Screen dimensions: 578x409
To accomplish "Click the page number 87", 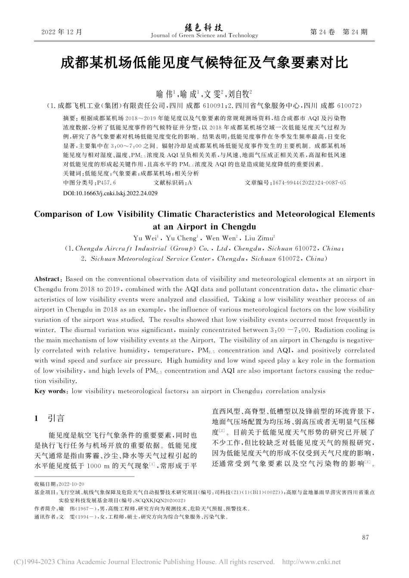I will tap(366, 537).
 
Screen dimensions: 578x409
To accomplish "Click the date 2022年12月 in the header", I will tap(61, 32).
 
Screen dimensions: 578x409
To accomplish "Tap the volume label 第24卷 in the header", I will tap(322, 32).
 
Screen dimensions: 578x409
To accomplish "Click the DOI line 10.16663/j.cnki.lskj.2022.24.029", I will tap(110, 193).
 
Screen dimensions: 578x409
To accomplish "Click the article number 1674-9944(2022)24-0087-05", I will tap(309, 183).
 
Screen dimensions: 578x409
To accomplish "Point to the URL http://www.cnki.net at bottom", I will tap(311, 562).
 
